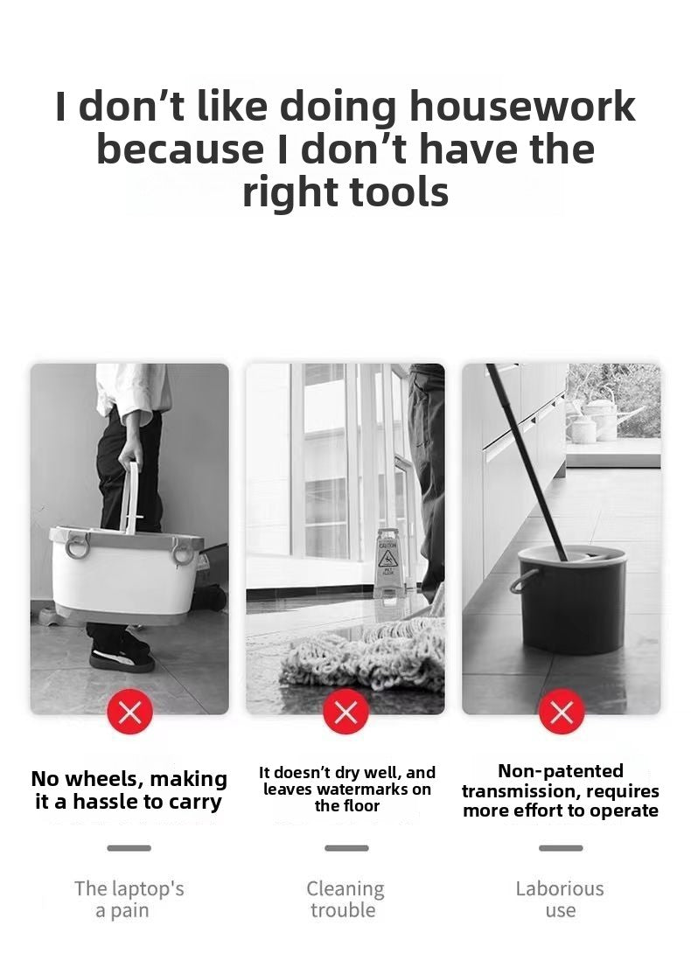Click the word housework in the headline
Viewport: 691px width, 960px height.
[522, 107]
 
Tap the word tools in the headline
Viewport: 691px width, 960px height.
[399, 191]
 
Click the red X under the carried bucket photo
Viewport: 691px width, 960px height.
[129, 712]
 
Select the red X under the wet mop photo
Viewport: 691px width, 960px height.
[346, 712]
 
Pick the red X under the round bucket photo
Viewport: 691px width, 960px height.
[562, 712]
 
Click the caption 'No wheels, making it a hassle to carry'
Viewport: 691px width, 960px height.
[129, 790]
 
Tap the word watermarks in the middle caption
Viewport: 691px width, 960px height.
[365, 790]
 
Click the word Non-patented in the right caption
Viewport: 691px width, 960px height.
[561, 771]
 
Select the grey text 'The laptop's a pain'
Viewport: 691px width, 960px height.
[129, 900]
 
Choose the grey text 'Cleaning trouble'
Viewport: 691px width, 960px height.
[345, 900]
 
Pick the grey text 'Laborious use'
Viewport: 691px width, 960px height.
[560, 900]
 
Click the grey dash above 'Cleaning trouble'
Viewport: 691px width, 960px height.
[346, 848]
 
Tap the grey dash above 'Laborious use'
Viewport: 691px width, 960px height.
[562, 848]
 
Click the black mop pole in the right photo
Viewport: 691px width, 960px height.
[527, 463]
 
